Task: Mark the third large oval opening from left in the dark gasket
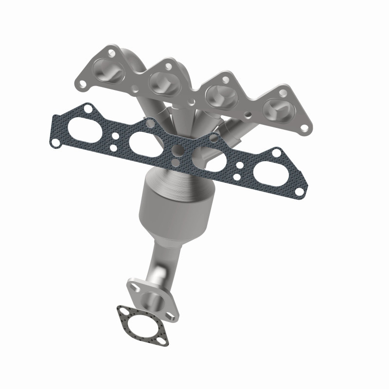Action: coord(206,157)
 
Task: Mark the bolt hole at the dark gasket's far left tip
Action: coord(56,142)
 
